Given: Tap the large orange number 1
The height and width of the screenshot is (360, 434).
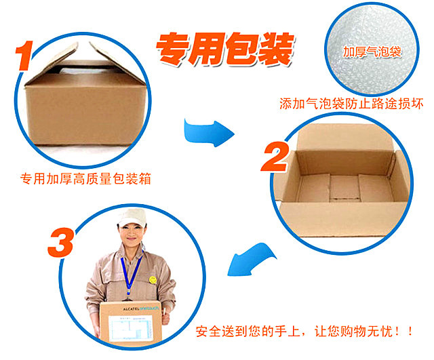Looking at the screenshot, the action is [x=24, y=56].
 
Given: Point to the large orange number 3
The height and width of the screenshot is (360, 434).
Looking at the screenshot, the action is [x=61, y=243].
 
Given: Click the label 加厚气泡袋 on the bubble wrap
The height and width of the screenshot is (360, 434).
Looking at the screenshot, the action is [x=372, y=52].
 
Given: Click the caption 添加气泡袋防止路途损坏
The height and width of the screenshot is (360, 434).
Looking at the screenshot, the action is [x=351, y=104].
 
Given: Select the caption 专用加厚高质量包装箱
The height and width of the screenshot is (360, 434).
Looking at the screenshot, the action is [x=85, y=178].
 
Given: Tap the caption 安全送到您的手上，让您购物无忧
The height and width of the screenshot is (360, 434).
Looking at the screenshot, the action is [x=304, y=332].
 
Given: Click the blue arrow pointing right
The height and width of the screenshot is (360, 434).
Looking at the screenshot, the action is [x=208, y=133].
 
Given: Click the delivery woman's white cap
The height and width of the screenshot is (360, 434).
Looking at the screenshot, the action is [x=132, y=217].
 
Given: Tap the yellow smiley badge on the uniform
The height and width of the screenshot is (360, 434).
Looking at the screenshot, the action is [x=153, y=280].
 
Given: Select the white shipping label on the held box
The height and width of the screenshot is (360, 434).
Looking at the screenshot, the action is [x=131, y=328].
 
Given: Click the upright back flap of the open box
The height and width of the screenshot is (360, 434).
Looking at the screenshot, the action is [x=345, y=138].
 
